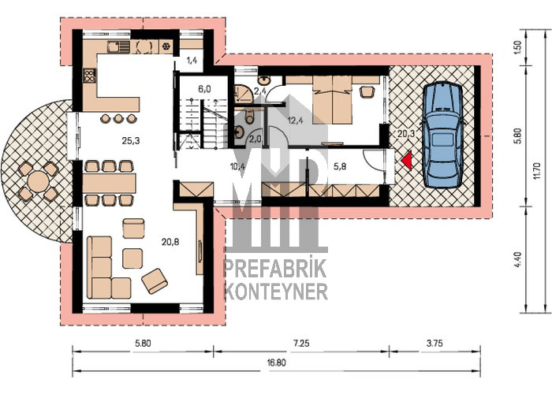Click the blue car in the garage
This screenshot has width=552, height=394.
[x=443, y=135]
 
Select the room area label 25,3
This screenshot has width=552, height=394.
[x=131, y=141]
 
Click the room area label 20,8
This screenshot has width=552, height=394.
[x=170, y=242]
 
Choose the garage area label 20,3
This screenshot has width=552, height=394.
[x=406, y=134]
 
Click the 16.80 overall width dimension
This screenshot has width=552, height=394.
[x=276, y=363]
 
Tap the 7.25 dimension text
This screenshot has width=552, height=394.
[x=301, y=343]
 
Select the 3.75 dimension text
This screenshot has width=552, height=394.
[x=435, y=343]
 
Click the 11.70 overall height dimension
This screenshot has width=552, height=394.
[x=536, y=170]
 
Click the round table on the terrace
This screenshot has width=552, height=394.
[x=39, y=181]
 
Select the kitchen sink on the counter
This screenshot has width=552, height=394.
[x=118, y=46]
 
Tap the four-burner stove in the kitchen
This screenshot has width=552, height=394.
[x=89, y=76]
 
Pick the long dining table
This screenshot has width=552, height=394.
[x=110, y=183]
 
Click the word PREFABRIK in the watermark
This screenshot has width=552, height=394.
[x=276, y=269]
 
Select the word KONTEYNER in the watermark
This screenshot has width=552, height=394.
[x=276, y=292]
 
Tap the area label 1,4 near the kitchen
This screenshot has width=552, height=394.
[x=192, y=60]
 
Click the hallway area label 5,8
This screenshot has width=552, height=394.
[x=339, y=165]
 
